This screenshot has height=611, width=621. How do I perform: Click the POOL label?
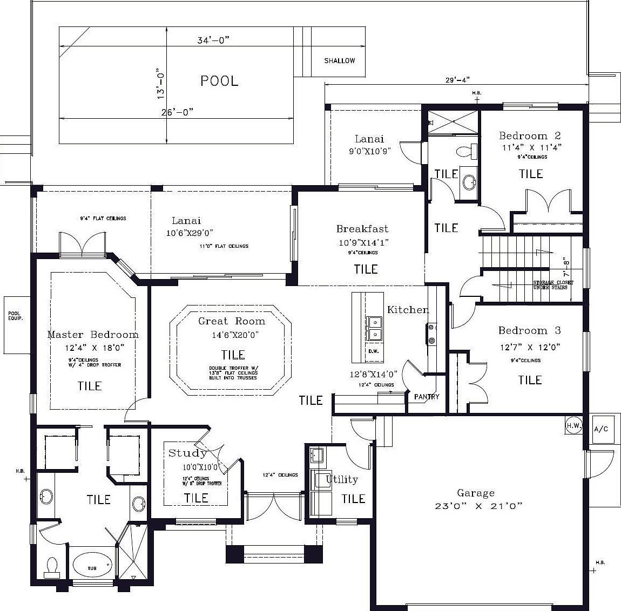tap(219, 81)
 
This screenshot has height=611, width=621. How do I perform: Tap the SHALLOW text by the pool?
tap(340, 61)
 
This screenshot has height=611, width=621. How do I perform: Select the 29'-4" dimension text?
tap(457, 80)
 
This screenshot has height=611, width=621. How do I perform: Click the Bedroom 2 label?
tap(530, 136)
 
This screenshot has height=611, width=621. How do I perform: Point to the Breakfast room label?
tap(362, 229)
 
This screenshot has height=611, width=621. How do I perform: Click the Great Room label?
tap(232, 321)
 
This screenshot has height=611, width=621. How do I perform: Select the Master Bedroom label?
tap(92, 335)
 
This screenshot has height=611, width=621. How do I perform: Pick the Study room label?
tap(187, 453)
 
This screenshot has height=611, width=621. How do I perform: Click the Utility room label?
tap(342, 479)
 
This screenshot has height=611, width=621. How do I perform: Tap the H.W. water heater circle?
tap(573, 426)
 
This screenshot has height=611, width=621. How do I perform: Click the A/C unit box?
tap(600, 429)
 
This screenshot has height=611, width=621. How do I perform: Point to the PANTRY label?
tap(427, 397)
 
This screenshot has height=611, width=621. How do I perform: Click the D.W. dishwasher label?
tap(373, 351)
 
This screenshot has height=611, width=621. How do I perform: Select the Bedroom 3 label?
tap(529, 330)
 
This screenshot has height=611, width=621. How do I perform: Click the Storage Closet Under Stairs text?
tap(553, 285)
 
